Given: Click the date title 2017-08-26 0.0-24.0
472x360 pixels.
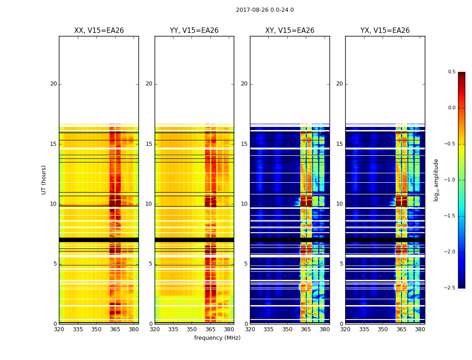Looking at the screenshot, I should pyautogui.click(x=265, y=10).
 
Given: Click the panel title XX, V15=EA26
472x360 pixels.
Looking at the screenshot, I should pyautogui.click(x=99, y=31).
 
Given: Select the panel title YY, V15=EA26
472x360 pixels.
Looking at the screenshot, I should pyautogui.click(x=194, y=31).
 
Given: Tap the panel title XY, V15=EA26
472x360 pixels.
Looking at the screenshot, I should pyautogui.click(x=290, y=31).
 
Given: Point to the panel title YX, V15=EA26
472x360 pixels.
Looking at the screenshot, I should pyautogui.click(x=385, y=31).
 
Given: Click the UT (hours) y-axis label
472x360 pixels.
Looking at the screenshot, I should pyautogui.click(x=44, y=180).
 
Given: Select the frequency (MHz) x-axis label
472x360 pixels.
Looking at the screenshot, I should pyautogui.click(x=217, y=338).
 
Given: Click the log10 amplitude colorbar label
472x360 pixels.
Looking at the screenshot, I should pyautogui.click(x=436, y=180).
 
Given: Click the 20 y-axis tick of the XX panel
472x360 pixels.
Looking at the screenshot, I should pyautogui.click(x=53, y=84).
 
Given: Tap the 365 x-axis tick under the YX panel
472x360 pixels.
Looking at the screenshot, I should pyautogui.click(x=401, y=329).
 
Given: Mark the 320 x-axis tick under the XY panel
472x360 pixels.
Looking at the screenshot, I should pyautogui.click(x=250, y=329).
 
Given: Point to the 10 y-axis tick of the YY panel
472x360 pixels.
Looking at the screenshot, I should pyautogui.click(x=149, y=204).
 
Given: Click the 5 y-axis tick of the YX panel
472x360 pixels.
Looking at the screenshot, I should pyautogui.click(x=342, y=264).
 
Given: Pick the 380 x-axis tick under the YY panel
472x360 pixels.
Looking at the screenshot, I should pyautogui.click(x=229, y=329).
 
